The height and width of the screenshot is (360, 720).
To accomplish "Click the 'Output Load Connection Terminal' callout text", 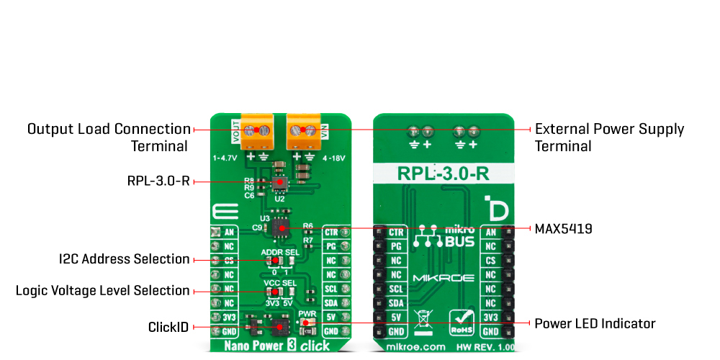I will pyautogui.click(x=109, y=138).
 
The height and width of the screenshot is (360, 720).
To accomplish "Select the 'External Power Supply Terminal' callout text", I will pyautogui.click(x=609, y=138).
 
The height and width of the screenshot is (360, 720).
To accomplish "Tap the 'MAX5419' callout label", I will pyautogui.click(x=563, y=229).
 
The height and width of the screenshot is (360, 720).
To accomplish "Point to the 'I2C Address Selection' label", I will pyautogui.click(x=125, y=259).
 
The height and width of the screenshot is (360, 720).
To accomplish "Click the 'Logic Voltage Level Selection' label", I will pyautogui.click(x=103, y=291).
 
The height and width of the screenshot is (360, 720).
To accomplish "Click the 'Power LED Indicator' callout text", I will pyautogui.click(x=595, y=324).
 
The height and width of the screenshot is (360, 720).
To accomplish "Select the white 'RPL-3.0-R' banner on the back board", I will pyautogui.click(x=444, y=174).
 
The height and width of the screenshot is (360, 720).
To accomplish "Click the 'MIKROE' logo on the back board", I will pyautogui.click(x=441, y=278).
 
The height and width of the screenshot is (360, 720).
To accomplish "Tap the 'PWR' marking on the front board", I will pyautogui.click(x=307, y=314).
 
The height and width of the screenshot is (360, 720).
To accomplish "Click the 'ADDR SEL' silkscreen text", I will pyautogui.click(x=280, y=253).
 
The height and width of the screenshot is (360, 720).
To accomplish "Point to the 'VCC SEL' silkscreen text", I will pyautogui.click(x=280, y=284).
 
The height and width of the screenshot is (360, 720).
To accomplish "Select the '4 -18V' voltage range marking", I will pyautogui.click(x=333, y=156).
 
